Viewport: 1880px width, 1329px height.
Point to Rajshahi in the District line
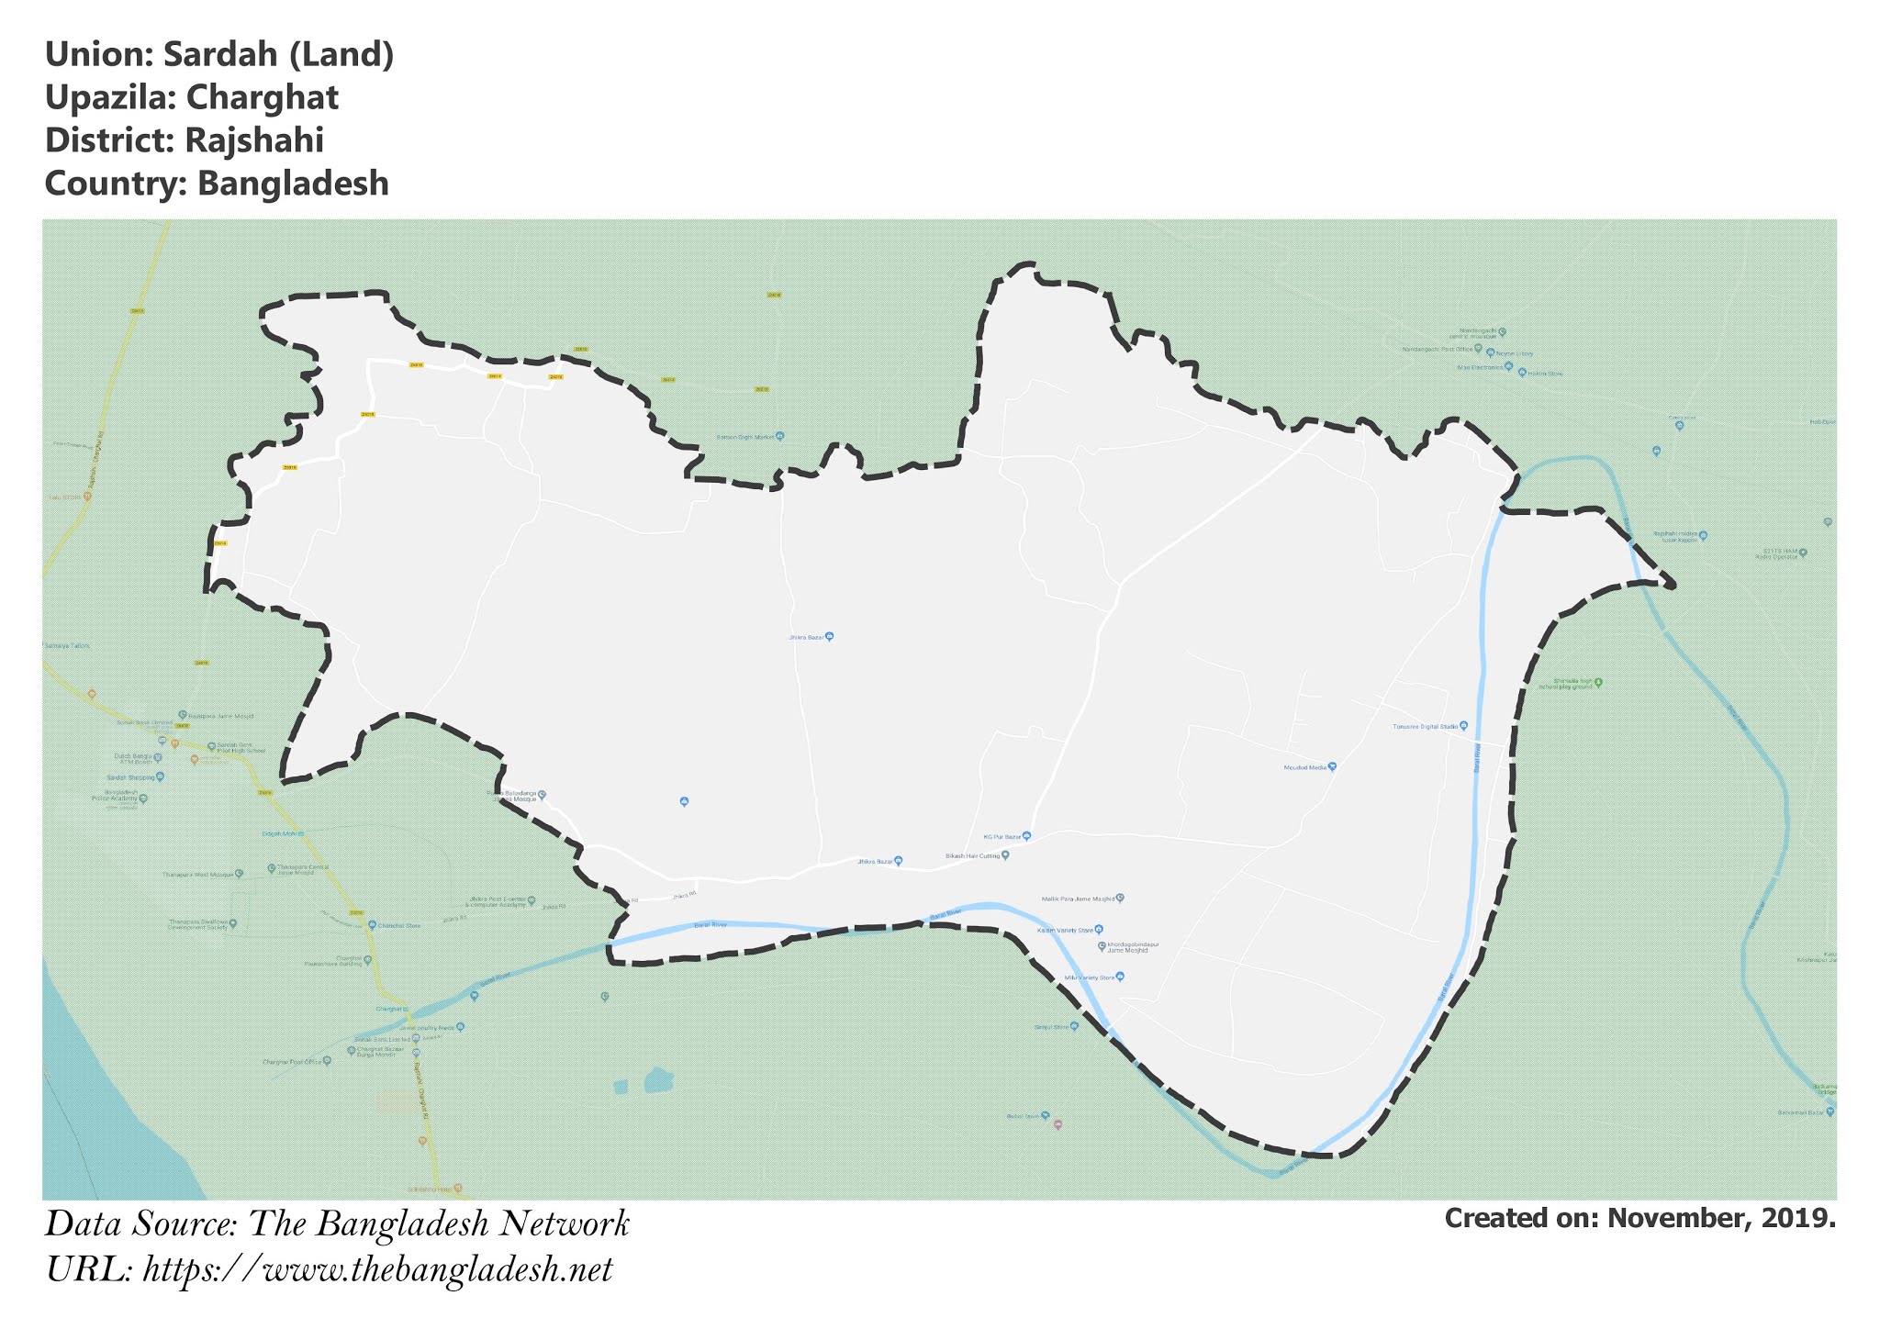pos(253,140)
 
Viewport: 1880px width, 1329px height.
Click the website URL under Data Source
pos(377,1270)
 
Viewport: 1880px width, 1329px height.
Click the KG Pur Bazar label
pos(1002,837)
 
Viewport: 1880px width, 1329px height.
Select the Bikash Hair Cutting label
pos(972,856)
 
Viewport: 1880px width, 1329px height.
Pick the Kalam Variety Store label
pos(1065,931)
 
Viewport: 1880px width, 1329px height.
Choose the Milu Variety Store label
pos(1089,977)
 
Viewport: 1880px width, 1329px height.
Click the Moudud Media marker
pos(1332,766)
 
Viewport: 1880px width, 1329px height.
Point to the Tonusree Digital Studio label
pos(1426,727)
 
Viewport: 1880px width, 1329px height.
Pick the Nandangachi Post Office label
pos(1438,350)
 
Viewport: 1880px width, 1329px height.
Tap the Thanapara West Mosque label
pos(198,875)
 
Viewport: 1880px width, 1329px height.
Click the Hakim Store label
pos(1545,374)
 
